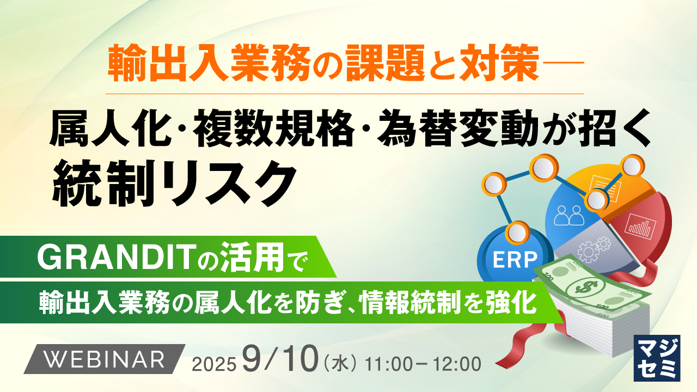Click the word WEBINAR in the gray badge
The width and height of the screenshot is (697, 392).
click(x=105, y=359)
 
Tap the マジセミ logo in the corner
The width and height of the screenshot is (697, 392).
click(x=657, y=358)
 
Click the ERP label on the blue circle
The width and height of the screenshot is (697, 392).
click(x=515, y=260)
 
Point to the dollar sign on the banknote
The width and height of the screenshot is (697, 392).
click(x=587, y=287)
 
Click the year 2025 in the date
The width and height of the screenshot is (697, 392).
click(x=214, y=364)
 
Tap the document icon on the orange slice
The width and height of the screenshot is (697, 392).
click(x=604, y=185)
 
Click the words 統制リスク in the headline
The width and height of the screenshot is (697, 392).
click(x=174, y=183)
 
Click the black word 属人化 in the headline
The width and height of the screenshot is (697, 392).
click(x=110, y=128)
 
